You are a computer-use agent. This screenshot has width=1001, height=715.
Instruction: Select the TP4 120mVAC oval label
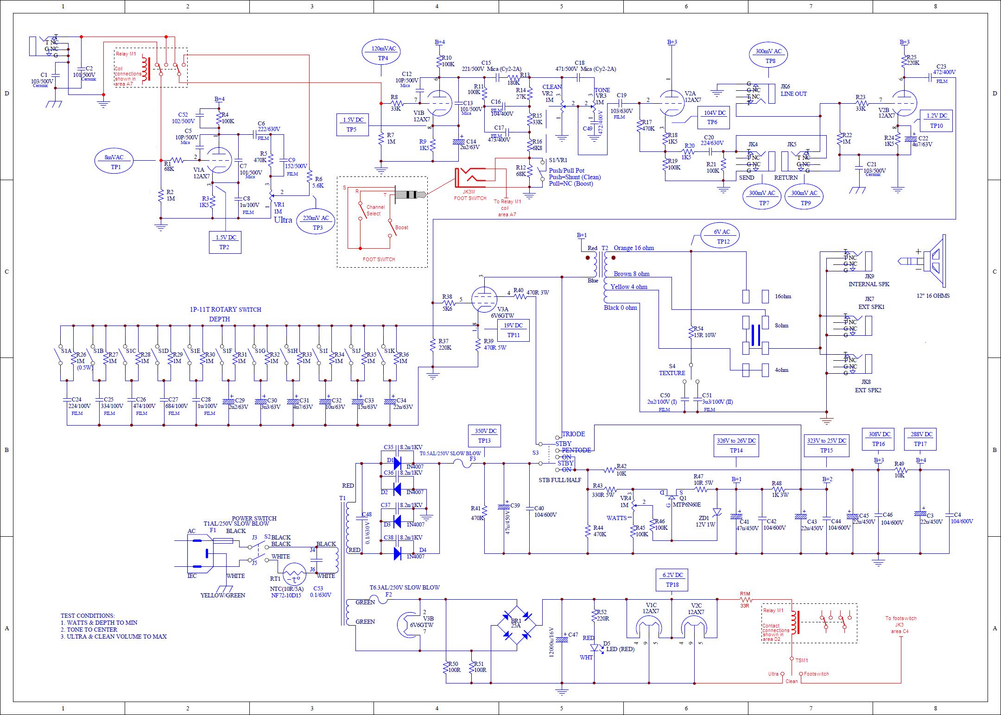383,53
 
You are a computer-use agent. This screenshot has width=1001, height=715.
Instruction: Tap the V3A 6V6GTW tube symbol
483,299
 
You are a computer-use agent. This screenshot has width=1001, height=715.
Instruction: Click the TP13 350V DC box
485,435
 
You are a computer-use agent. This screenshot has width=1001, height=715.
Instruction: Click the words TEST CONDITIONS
88,615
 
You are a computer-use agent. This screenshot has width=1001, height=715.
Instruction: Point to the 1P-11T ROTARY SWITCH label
225,309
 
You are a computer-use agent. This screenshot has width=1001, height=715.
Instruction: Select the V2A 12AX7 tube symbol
671,103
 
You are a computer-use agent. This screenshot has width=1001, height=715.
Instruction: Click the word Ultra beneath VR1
283,220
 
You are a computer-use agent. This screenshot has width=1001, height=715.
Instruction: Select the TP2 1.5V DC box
225,242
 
